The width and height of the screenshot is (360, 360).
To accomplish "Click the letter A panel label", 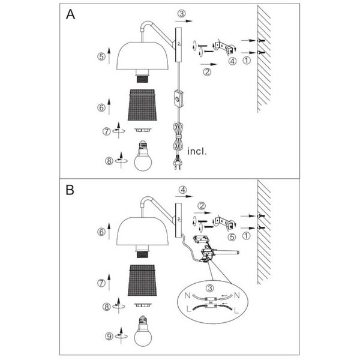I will coord(71,16).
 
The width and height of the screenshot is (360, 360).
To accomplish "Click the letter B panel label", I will coord(71,190).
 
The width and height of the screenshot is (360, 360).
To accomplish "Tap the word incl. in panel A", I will coord(197,151).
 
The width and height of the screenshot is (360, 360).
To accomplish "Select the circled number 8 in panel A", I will coord(108,160).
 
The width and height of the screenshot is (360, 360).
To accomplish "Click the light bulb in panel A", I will coord(143,157).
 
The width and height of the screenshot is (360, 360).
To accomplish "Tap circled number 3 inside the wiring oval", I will coord(208,290).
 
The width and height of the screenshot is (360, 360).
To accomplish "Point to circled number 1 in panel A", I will coord(247,59).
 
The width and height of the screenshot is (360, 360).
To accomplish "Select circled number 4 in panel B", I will coord(183,191).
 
